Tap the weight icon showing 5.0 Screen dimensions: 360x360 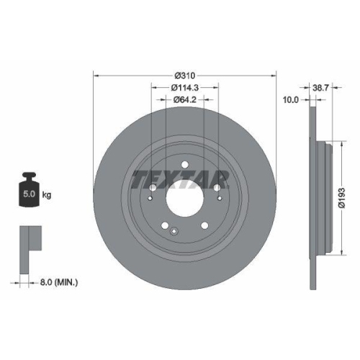(30, 190)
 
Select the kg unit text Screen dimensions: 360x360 (48, 194)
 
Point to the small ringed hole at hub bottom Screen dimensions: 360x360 (175, 230)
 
